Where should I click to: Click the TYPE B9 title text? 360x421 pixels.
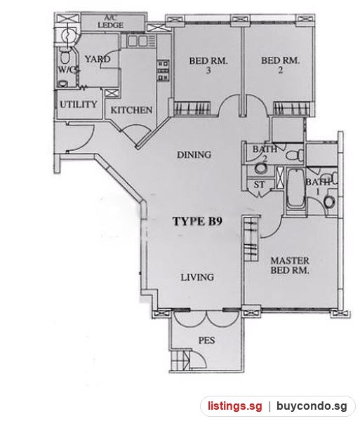tap(197, 221)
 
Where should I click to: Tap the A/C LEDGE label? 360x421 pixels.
tap(110, 22)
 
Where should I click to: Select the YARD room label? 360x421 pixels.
tap(98, 59)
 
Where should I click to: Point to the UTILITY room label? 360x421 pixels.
tap(78, 104)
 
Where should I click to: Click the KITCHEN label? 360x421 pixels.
tap(131, 110)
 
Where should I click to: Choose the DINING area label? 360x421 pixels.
tap(194, 154)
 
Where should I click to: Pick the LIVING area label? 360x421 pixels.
tap(197, 277)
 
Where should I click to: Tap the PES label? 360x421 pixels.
tap(207, 340)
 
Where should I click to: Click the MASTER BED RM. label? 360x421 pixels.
tap(290, 265)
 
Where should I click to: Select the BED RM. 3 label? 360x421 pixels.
tap(208, 65)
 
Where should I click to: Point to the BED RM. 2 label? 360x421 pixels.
tap(280, 65)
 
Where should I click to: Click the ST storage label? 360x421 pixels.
tap(259, 185)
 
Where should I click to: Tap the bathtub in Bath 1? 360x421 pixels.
tap(296, 189)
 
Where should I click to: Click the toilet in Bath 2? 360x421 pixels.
tap(295, 155)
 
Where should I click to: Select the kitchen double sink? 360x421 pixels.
tap(138, 41)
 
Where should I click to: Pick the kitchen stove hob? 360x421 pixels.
tap(163, 71)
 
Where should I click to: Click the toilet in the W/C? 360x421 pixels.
tap(65, 56)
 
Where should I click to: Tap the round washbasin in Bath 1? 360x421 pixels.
tap(329, 201)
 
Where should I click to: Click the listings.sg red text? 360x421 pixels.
tap(235, 406)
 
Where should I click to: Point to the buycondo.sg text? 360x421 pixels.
tap(312, 406)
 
